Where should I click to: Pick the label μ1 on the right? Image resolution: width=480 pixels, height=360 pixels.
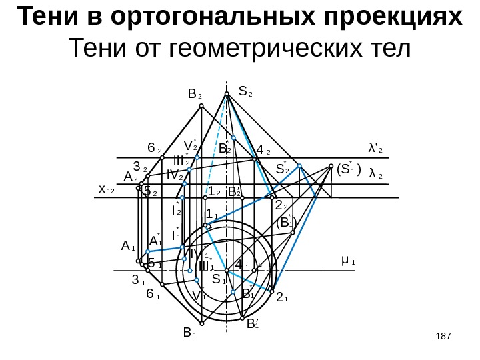(347, 258)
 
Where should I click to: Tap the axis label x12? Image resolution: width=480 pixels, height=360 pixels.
(107, 190)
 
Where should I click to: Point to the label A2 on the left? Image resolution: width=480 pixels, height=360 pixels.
(131, 177)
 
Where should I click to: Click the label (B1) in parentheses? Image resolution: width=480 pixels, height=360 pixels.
(286, 223)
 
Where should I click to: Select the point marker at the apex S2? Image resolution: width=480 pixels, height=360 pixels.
(227, 95)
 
